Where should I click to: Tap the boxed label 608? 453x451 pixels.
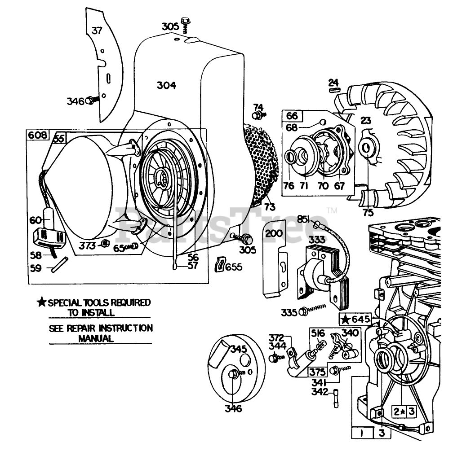tap(37, 135)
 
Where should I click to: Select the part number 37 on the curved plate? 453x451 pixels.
tap(97, 31)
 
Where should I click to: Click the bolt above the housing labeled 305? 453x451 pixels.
tap(185, 22)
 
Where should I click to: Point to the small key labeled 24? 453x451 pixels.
tap(333, 90)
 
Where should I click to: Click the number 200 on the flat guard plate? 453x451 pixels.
tap(274, 233)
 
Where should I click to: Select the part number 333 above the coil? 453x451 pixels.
tap(317, 240)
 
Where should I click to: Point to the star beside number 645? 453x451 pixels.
tap(345, 320)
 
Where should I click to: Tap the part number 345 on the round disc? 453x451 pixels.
tap(238, 349)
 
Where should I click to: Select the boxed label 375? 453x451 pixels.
tap(317, 372)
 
